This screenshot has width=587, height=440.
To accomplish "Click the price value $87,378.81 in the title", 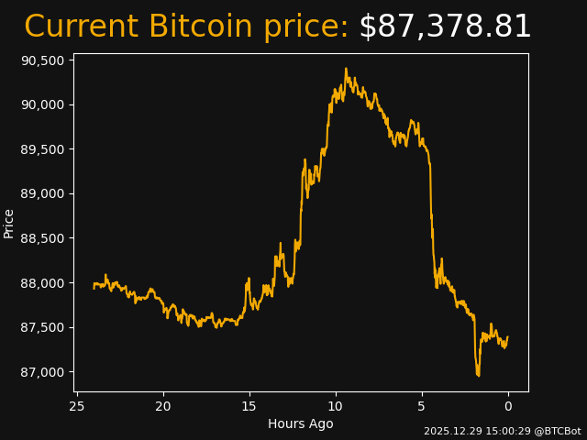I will click(445, 27).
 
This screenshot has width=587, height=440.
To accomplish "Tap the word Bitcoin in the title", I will click(203, 27).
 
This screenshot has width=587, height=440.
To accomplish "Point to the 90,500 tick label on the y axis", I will click(43, 60).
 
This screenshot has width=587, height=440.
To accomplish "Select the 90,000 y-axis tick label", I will click(43, 104).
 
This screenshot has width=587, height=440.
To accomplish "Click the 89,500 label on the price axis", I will click(43, 149).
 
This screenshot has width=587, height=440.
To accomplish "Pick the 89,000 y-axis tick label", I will click(43, 193).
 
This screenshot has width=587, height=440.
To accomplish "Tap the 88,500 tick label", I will click(43, 238).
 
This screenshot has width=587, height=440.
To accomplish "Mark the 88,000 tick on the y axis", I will click(43, 283).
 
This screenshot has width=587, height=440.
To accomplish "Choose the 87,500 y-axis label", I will click(43, 327).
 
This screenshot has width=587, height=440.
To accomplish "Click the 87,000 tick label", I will click(43, 372).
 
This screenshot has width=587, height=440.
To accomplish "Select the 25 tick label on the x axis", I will click(77, 406).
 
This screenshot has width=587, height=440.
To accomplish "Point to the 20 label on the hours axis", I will click(163, 406).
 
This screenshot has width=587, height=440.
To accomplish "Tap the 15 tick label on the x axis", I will click(249, 406).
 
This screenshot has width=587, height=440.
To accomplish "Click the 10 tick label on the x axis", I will click(336, 406).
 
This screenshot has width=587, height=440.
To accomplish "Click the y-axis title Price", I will click(9, 223).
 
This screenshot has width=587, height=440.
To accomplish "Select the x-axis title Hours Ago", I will click(301, 423).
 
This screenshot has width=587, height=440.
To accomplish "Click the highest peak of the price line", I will click(346, 69).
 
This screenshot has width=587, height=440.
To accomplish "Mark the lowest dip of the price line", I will click(478, 375).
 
